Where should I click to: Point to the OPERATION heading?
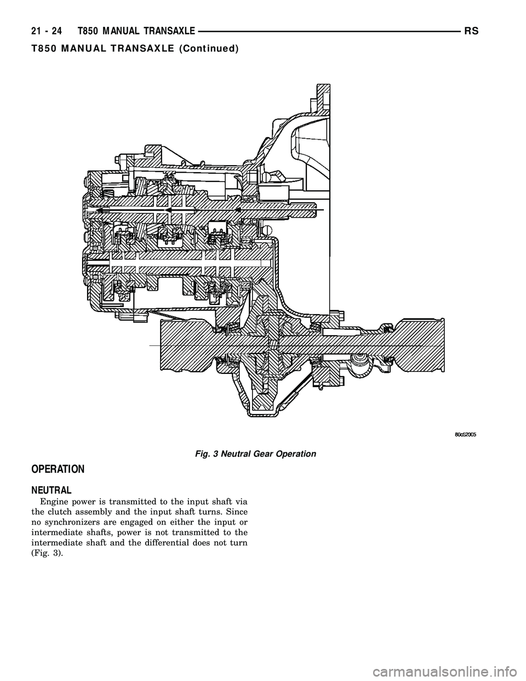[x=54, y=469]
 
